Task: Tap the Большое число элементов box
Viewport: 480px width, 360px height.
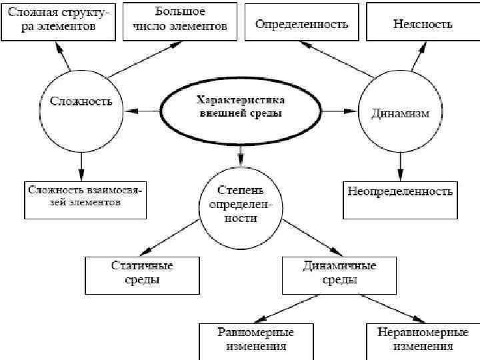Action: click(180, 19)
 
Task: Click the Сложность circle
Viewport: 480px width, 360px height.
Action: click(81, 103)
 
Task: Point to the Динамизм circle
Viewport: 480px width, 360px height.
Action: click(400, 112)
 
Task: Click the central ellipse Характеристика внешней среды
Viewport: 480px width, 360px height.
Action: click(241, 107)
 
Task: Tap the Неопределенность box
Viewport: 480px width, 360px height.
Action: click(400, 199)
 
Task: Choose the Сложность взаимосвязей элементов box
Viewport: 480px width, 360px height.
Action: click(85, 199)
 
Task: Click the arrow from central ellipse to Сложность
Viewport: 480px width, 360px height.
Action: click(143, 109)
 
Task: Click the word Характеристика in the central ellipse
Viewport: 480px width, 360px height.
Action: click(241, 101)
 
